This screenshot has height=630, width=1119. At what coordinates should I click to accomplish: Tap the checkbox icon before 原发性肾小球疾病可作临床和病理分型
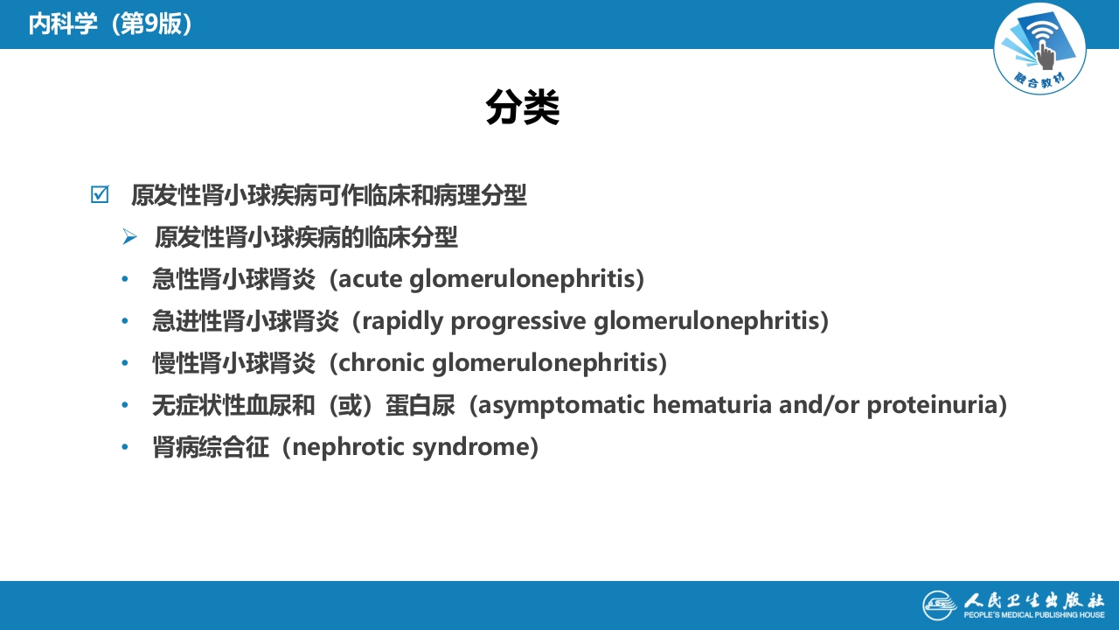pyautogui.click(x=100, y=194)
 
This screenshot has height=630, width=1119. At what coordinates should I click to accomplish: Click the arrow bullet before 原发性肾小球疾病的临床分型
pyautogui.click(x=130, y=237)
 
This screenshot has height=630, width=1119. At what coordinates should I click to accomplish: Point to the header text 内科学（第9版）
pyautogui.click(x=110, y=24)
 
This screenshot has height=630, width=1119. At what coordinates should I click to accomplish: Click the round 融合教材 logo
pyautogui.click(x=1039, y=49)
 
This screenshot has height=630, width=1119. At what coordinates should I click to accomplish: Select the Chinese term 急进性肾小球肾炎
pyautogui.click(x=245, y=321)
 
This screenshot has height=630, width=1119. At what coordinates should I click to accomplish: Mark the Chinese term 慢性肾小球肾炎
pyautogui.click(x=233, y=362)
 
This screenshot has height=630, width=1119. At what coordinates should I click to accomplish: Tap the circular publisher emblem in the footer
pyautogui.click(x=939, y=605)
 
